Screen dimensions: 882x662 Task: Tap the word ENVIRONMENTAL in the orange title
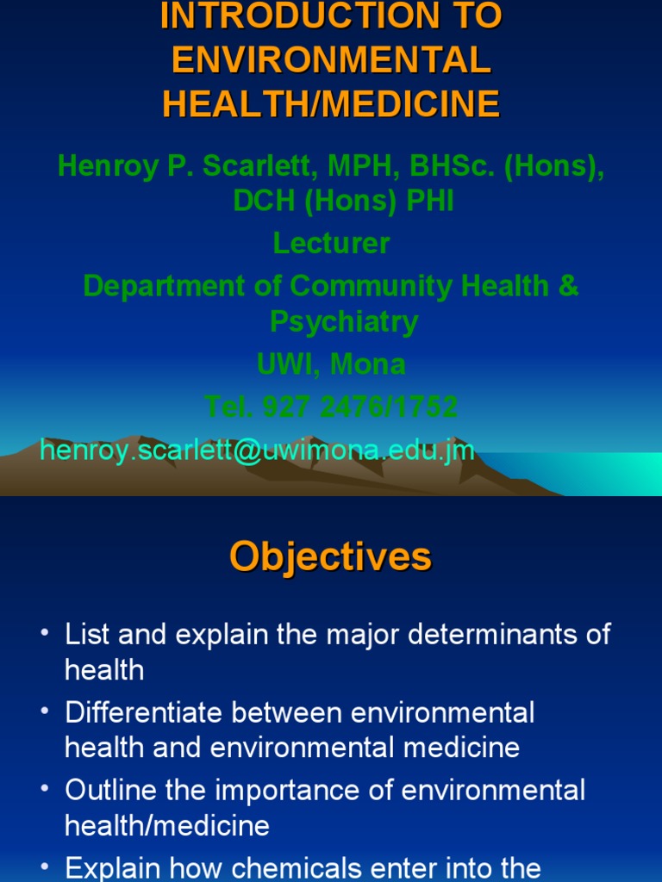click(331, 60)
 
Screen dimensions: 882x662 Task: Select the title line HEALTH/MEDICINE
click(331, 104)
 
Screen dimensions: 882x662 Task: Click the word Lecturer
click(331, 244)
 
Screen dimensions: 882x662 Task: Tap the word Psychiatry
click(331, 321)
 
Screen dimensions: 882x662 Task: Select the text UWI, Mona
click(331, 364)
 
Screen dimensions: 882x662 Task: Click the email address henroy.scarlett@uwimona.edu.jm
click(258, 450)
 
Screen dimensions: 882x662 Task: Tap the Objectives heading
click(331, 557)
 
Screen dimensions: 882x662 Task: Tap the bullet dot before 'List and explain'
click(45, 636)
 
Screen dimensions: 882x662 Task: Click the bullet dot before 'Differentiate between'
click(45, 713)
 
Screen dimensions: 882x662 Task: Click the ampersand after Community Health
click(568, 286)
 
